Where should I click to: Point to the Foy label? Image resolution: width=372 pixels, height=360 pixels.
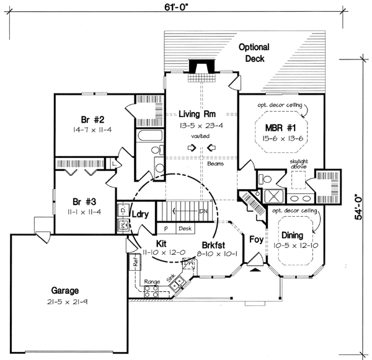coord(255,237)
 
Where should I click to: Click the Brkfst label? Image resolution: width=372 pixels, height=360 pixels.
coord(212,244)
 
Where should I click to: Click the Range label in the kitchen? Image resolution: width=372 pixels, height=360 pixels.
coord(152,282)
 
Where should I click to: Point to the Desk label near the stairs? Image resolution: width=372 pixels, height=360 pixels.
coord(184,228)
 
